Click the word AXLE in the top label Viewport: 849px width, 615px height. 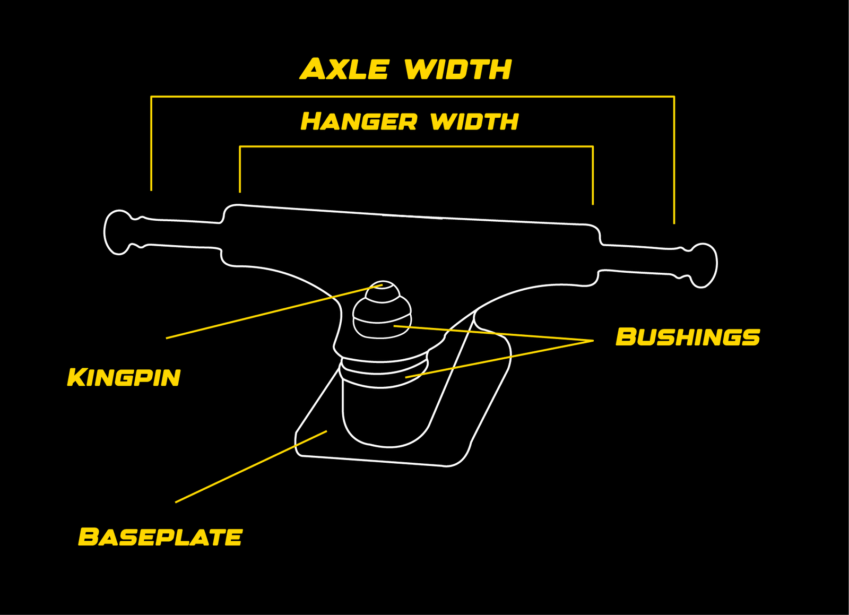coord(345,70)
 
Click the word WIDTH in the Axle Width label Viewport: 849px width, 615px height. coord(457,70)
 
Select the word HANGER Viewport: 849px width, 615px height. coord(359,122)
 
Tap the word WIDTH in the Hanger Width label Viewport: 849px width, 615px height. coord(474,122)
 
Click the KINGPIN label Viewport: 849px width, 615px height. coord(124,377)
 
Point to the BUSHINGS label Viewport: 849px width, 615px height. coord(688,337)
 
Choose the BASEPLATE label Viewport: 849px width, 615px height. coord(160,537)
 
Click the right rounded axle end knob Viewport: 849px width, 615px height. coord(704,265)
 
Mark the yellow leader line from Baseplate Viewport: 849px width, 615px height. coord(249,467)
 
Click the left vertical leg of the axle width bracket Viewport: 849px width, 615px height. coord(151,143)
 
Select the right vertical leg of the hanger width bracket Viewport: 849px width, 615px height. coord(593,175)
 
